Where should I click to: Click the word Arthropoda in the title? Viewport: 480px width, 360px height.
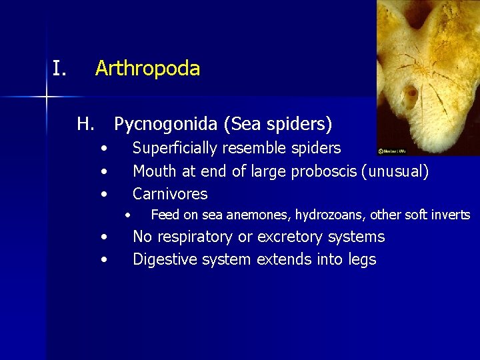pyautogui.click(x=147, y=69)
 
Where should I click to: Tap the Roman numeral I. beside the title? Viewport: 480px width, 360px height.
pyautogui.click(x=60, y=68)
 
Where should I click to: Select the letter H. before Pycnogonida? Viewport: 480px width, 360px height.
pyautogui.click(x=85, y=124)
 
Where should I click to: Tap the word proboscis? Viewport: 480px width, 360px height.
pyautogui.click(x=323, y=171)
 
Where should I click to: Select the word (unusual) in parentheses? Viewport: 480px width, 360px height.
pyautogui.click(x=395, y=171)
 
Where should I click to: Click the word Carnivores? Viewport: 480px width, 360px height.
pyautogui.click(x=170, y=194)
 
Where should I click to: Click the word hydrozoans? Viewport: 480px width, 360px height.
pyautogui.click(x=330, y=215)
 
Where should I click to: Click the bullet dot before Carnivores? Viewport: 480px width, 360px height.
pyautogui.click(x=103, y=195)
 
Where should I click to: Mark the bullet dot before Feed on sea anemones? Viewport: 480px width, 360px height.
pyautogui.click(x=127, y=215)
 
